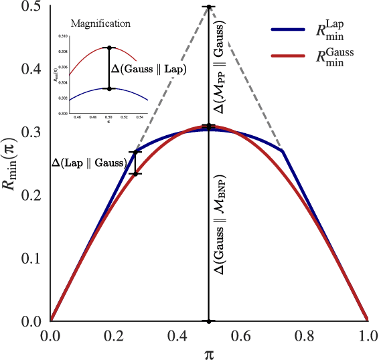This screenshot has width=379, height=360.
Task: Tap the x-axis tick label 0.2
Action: point(113,334)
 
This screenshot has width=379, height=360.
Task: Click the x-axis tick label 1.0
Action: point(367,334)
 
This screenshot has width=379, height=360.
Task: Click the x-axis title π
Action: point(208,351)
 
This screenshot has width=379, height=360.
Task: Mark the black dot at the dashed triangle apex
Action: point(209,7)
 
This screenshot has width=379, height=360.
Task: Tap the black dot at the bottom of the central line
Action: point(209,321)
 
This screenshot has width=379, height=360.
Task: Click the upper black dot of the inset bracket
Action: point(109,48)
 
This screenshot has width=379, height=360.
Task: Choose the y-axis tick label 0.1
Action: point(31,258)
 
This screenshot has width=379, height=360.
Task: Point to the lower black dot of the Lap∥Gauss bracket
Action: point(135,174)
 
